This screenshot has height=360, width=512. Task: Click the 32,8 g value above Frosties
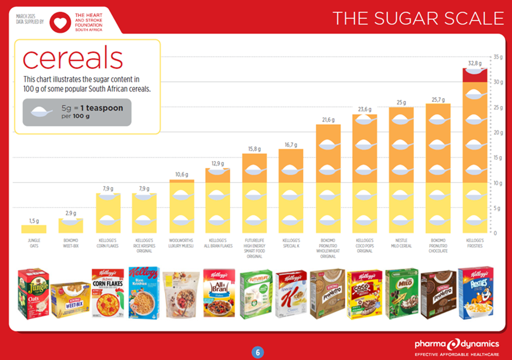[x=475, y=63]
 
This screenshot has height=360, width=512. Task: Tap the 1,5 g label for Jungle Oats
[x=34, y=220]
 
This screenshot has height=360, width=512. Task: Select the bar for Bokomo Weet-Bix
[x=71, y=226]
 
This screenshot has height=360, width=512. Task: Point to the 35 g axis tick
[x=498, y=57]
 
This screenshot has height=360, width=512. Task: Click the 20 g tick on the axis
[x=498, y=133]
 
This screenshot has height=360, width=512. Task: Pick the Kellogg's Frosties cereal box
[x=475, y=292]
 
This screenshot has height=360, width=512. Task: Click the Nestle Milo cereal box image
[x=401, y=293]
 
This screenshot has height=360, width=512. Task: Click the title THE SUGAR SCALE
[x=418, y=18]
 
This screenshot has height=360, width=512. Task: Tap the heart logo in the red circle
[x=60, y=22]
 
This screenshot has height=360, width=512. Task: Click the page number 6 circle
[x=257, y=352]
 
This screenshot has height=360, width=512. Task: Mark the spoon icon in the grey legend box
[x=43, y=112]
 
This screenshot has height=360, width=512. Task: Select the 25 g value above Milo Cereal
[x=401, y=103]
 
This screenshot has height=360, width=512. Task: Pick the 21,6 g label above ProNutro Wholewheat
[x=328, y=120]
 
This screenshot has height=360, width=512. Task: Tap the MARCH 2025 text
[x=27, y=15]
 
